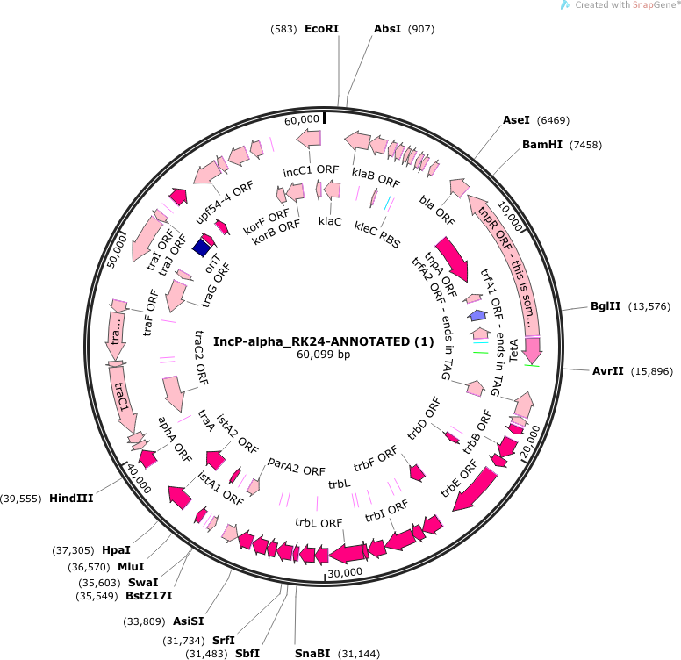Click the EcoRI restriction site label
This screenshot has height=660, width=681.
[321, 29]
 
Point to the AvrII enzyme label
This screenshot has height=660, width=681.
[606, 371]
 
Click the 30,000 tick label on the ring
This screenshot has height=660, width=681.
[344, 572]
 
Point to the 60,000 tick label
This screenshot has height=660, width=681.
[302, 119]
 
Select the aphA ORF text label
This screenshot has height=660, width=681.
[175, 439]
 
